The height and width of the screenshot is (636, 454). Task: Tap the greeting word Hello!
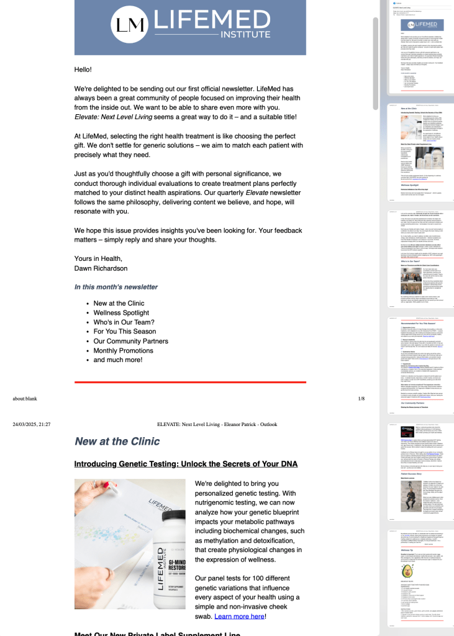tap(83, 70)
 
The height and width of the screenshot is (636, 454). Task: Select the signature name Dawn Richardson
tap(101, 268)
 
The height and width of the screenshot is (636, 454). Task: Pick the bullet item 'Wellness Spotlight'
tap(121, 313)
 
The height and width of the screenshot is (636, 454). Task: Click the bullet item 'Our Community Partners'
tap(130, 341)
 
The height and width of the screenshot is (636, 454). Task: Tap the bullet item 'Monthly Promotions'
tap(123, 350)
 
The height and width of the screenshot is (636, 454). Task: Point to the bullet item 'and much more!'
tap(118, 360)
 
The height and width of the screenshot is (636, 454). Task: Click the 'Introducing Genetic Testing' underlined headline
tap(186, 464)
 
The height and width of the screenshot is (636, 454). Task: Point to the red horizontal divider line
tap(190, 382)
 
